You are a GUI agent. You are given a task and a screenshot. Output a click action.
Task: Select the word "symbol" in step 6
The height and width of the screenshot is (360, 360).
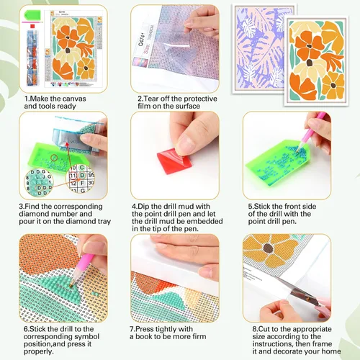point(87,336)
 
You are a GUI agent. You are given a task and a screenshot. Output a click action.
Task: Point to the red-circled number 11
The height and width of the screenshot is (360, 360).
point(73,176)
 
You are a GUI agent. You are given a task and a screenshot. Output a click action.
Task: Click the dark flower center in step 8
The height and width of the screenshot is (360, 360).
point(268,248)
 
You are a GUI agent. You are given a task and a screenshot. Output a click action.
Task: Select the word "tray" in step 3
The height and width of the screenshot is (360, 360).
point(104,222)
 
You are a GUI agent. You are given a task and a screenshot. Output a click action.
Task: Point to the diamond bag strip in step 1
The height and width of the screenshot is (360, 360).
point(33,58)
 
